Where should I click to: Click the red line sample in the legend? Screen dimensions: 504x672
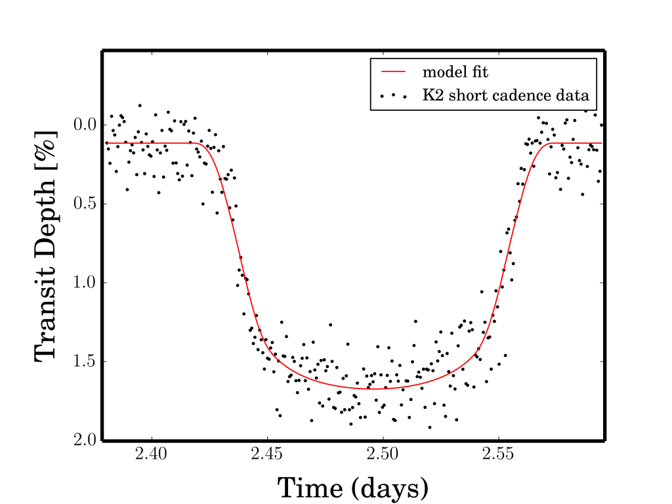point(393,71)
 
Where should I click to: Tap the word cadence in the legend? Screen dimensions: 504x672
point(534,96)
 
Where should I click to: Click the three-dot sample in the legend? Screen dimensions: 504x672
point(393,96)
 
